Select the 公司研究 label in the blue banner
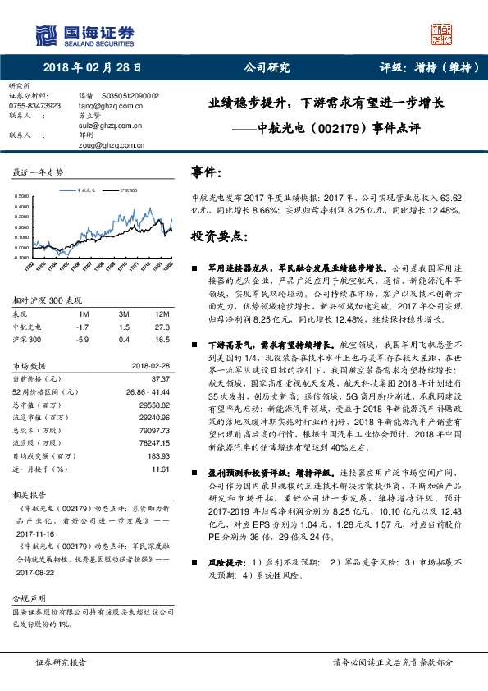(262, 68)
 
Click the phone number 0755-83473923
(34, 106)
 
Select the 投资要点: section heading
(217, 236)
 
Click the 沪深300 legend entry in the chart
(128, 189)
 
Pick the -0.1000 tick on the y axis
(24, 257)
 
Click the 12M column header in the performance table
(162, 314)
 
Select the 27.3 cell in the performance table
(162, 326)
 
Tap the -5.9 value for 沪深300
(82, 338)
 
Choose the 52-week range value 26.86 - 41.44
(145, 392)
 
